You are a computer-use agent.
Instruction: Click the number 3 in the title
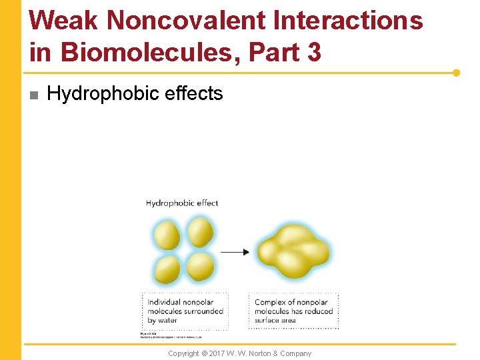[313, 51]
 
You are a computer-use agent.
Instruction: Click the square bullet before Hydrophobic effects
[34, 95]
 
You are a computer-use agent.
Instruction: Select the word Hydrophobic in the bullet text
[105, 94]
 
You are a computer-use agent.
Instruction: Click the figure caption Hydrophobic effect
[182, 203]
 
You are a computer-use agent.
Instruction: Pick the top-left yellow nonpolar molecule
[167, 236]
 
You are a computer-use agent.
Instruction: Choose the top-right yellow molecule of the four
[200, 233]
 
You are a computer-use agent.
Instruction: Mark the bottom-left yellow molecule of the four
[167, 269]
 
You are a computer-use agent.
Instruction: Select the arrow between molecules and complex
[235, 252]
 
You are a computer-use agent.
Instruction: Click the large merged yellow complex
[293, 251]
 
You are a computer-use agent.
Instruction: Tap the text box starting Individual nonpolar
[185, 311]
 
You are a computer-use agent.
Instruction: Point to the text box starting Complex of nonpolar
[293, 311]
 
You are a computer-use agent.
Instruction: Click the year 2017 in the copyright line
[219, 353]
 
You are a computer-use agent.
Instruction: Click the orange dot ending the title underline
[456, 73]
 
